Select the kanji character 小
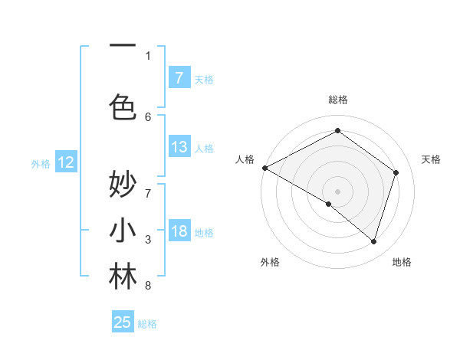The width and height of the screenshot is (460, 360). pyautogui.click(x=123, y=231)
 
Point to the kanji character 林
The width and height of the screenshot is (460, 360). pyautogui.click(x=123, y=277)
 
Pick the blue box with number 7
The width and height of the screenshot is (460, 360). pyautogui.click(x=179, y=77)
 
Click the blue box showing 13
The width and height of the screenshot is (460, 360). pyautogui.click(x=179, y=147)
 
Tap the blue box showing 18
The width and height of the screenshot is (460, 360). pyautogui.click(x=179, y=231)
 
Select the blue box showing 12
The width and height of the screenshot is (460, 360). pyautogui.click(x=66, y=162)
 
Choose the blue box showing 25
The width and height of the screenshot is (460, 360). pyautogui.click(x=123, y=322)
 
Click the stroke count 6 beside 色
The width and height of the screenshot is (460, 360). pyautogui.click(x=148, y=116)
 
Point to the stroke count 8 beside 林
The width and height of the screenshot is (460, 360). pyautogui.click(x=148, y=286)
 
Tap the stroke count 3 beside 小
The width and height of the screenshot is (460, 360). pyautogui.click(x=148, y=240)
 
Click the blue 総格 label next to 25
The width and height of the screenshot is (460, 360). pyautogui.click(x=147, y=324)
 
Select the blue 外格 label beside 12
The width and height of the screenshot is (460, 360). pyautogui.click(x=41, y=163)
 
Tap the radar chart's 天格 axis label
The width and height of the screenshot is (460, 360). pyautogui.click(x=431, y=159)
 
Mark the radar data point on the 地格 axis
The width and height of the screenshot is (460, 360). pyautogui.click(x=373, y=242)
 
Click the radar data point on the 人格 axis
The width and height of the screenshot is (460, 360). pyautogui.click(x=264, y=167)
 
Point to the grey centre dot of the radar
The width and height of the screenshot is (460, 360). pyautogui.click(x=337, y=191)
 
